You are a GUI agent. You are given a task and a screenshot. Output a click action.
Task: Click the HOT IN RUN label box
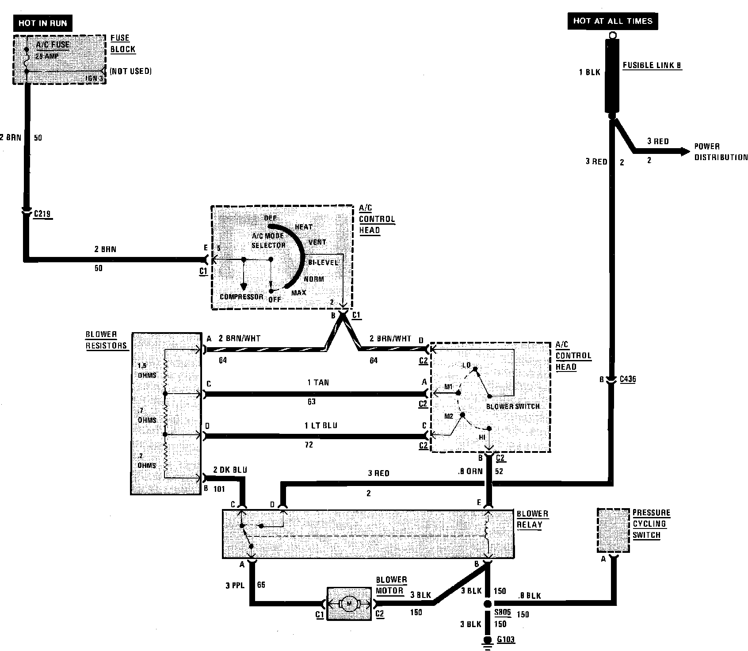pyautogui.click(x=42, y=23)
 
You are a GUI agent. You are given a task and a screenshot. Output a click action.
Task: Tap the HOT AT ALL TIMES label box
pyautogui.click(x=612, y=21)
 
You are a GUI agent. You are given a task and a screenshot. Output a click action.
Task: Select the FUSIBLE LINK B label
pyautogui.click(x=652, y=65)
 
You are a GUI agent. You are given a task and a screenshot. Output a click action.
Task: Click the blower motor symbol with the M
pyautogui.click(x=349, y=603)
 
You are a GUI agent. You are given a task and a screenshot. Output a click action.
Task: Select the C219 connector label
pyautogui.click(x=42, y=214)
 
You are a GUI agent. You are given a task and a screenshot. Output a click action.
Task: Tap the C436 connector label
pyautogui.click(x=628, y=379)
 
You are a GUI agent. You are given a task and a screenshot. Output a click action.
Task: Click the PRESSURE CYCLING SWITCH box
pyautogui.click(x=613, y=530)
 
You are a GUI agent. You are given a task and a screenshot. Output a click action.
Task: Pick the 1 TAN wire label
pyautogui.click(x=318, y=383)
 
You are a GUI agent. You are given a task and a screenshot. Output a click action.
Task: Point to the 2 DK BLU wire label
pyautogui.click(x=230, y=470)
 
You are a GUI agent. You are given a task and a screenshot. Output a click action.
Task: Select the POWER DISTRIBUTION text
pyautogui.click(x=720, y=152)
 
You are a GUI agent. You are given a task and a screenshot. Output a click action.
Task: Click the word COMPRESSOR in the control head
pyautogui.click(x=241, y=297)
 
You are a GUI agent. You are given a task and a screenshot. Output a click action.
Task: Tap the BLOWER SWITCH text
pyautogui.click(x=513, y=406)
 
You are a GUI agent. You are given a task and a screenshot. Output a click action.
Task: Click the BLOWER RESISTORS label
pyautogui.click(x=106, y=340)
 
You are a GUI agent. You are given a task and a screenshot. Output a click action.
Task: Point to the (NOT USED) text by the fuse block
pyautogui.click(x=130, y=71)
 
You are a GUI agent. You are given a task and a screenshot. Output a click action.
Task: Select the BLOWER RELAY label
pyautogui.click(x=532, y=519)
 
